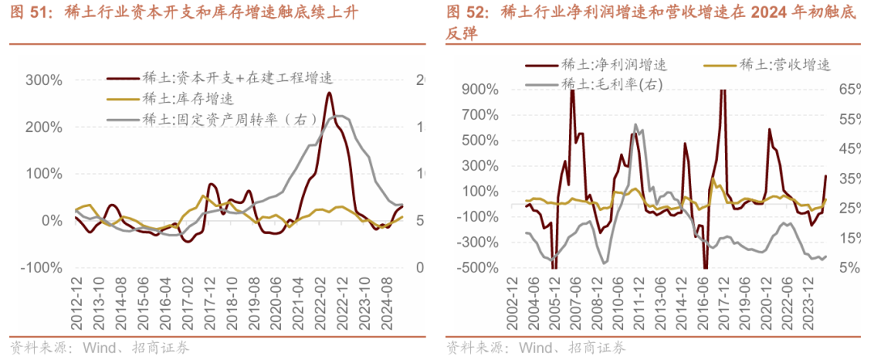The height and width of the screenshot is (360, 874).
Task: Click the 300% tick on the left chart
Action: pos(44,80)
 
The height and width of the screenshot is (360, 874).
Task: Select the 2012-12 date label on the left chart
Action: pos(76,303)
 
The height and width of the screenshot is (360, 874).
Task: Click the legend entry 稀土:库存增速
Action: pos(187,99)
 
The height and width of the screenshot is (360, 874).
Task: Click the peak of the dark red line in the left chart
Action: pos(329,93)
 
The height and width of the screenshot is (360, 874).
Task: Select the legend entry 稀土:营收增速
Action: pos(784,65)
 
